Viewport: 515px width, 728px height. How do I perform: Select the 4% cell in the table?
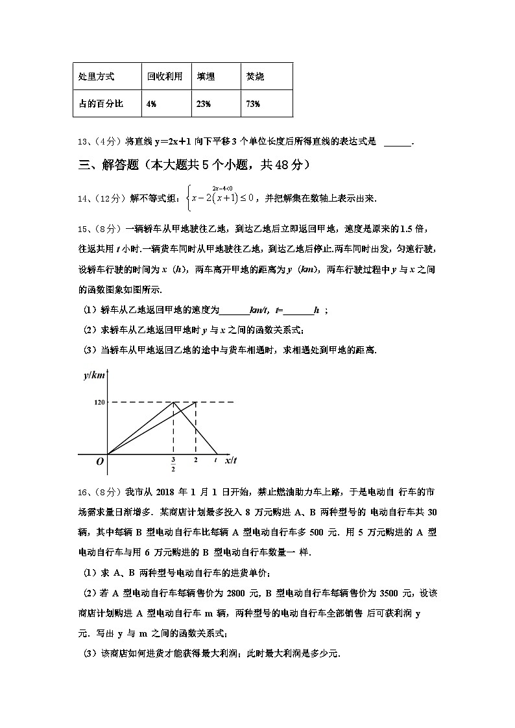[x=151, y=104]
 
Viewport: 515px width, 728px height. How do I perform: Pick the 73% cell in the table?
[x=253, y=104]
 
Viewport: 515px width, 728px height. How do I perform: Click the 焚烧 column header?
[x=255, y=76]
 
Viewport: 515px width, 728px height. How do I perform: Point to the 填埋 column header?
[x=206, y=76]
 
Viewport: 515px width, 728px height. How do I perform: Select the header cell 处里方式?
[x=96, y=76]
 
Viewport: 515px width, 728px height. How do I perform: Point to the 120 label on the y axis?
[x=99, y=403]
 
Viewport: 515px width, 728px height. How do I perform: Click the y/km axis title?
[x=94, y=375]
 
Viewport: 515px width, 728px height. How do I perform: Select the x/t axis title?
[x=231, y=460]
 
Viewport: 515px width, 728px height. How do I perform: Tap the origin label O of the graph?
[x=100, y=462]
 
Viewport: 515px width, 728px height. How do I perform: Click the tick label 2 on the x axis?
[x=196, y=460]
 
